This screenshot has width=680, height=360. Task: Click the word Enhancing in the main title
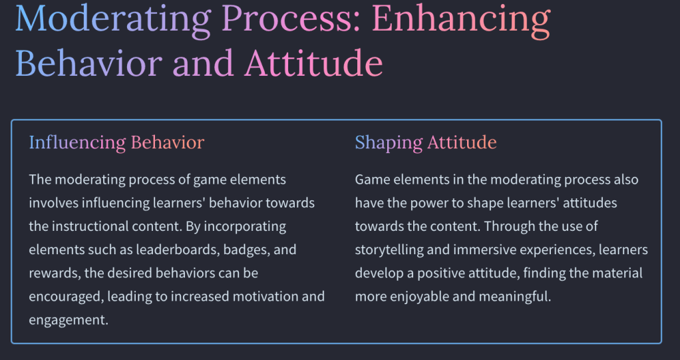coord(461,19)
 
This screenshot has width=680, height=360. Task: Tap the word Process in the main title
coord(291,19)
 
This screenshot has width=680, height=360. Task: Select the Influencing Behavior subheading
coord(116,142)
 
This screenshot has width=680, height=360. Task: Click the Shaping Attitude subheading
coord(426,142)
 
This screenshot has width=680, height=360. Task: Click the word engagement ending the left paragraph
coord(69,321)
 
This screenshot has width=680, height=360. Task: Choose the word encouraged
coord(66,297)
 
